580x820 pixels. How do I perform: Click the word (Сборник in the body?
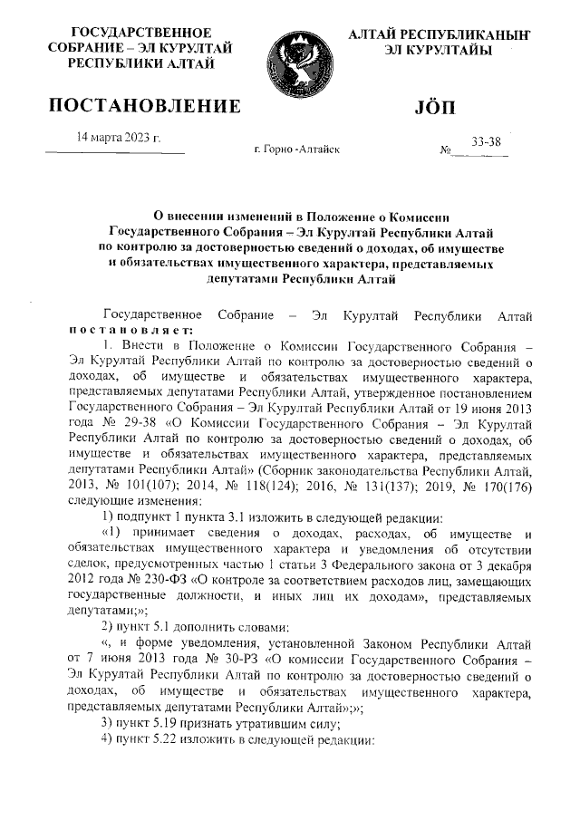coord(285,471)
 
